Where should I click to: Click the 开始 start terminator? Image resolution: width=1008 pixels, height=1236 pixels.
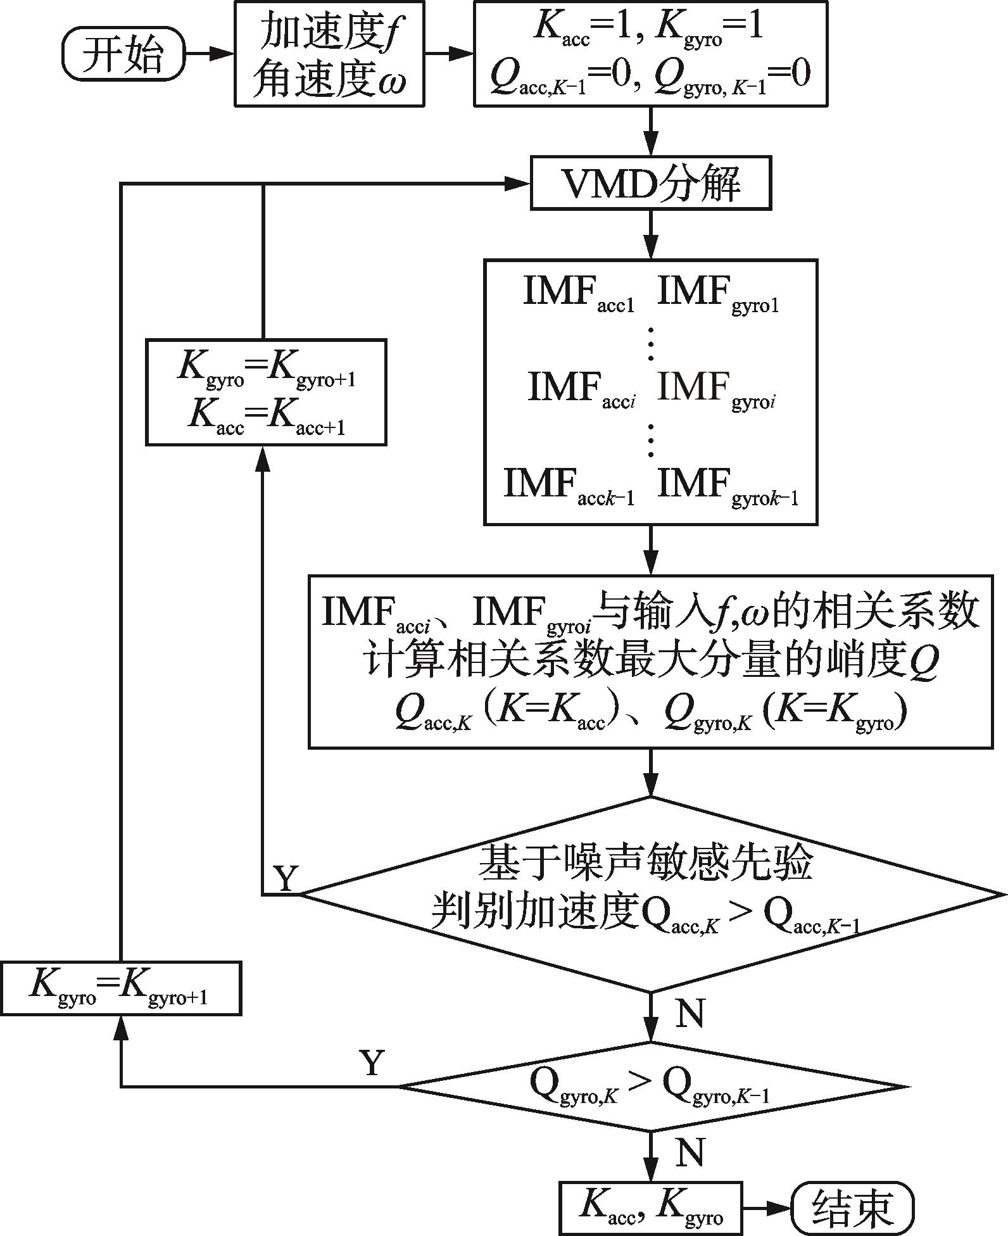(x=123, y=55)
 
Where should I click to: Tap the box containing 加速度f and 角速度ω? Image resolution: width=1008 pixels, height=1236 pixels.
(x=329, y=54)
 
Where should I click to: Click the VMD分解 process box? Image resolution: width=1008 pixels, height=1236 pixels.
(x=650, y=185)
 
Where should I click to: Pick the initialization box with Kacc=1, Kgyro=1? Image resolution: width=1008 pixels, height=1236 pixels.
(x=650, y=54)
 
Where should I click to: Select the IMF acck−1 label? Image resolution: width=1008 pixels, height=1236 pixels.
(x=569, y=486)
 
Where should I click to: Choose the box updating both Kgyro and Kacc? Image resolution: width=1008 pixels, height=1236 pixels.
(x=266, y=393)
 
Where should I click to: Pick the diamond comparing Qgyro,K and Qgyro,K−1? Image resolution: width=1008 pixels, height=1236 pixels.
(x=650, y=1087)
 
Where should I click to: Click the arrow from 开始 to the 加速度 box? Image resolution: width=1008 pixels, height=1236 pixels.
(x=209, y=54)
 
